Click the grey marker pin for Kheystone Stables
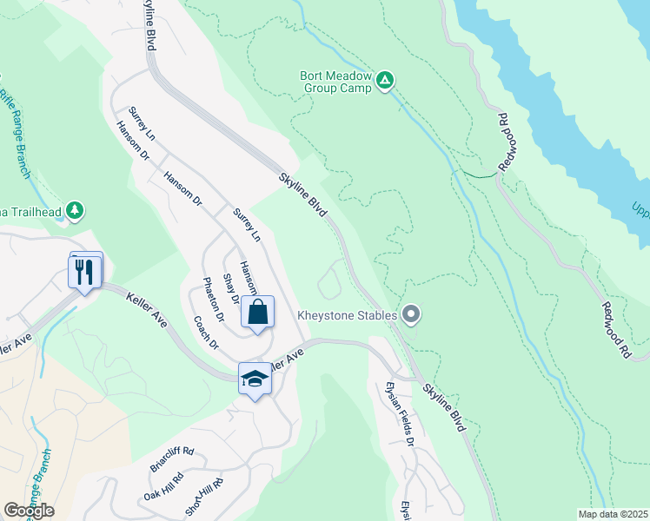[x=411, y=314]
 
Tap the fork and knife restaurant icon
[x=84, y=272]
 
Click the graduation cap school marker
[x=255, y=379]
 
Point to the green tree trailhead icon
[x=76, y=209]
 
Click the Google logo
[x=29, y=510]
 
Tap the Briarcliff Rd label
[x=171, y=460]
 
